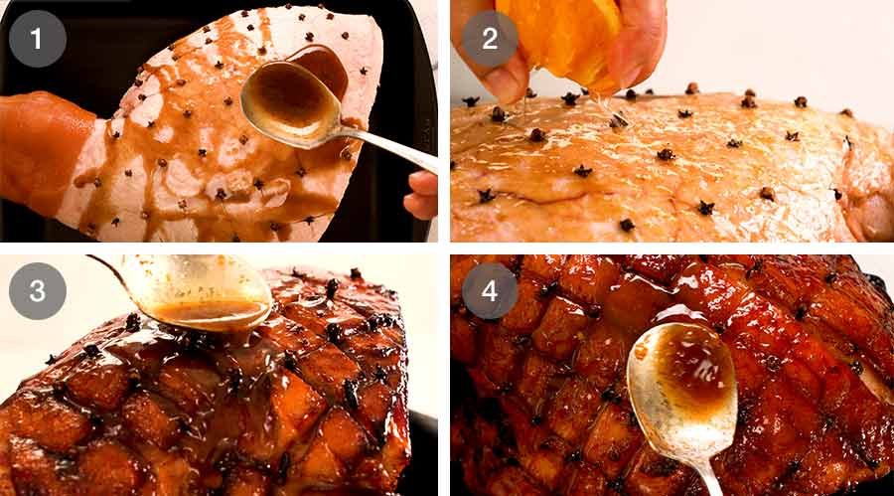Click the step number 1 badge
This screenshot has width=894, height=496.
tap(38, 39)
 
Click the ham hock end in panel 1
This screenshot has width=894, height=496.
tap(40, 139)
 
